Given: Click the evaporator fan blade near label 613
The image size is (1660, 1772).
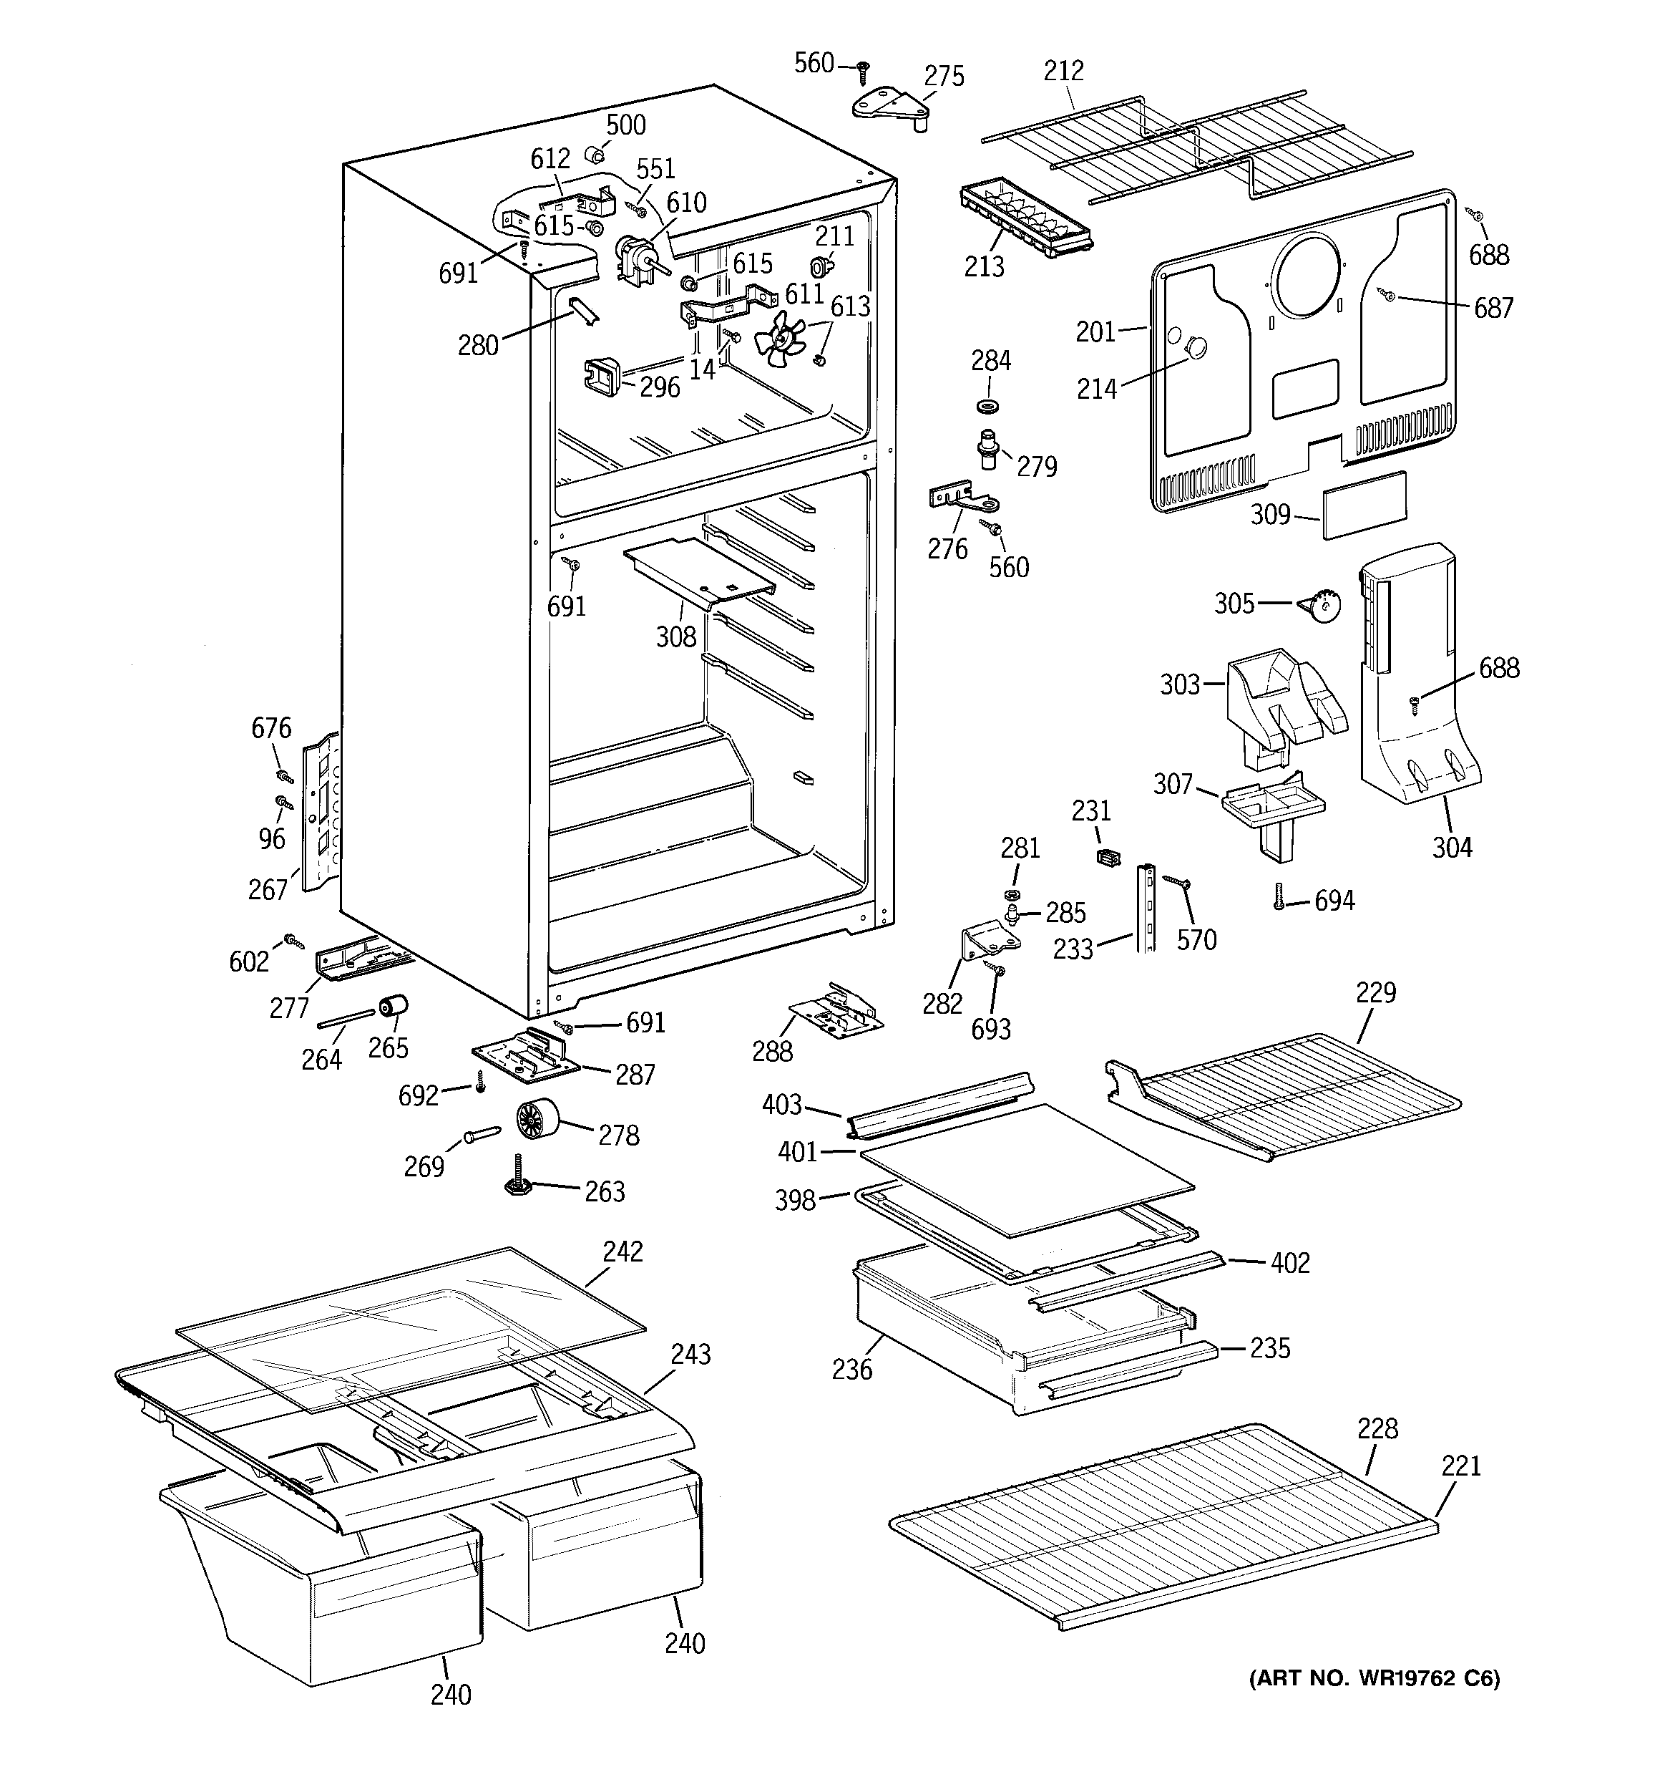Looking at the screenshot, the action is click(x=780, y=338).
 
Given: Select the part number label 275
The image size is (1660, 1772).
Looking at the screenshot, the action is click(x=944, y=77).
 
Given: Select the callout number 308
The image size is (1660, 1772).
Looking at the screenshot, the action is click(x=675, y=636).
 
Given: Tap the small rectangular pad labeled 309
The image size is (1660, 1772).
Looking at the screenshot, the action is click(x=1365, y=505).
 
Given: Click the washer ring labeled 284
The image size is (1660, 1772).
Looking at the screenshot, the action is click(x=987, y=407).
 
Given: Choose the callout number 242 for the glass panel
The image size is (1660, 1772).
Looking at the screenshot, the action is click(x=622, y=1251).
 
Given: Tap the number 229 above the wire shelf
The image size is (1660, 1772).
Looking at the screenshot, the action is click(x=1376, y=992).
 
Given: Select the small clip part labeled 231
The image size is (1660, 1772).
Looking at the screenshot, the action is click(x=1107, y=858).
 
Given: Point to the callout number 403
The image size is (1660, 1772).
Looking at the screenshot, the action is click(x=781, y=1105).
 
